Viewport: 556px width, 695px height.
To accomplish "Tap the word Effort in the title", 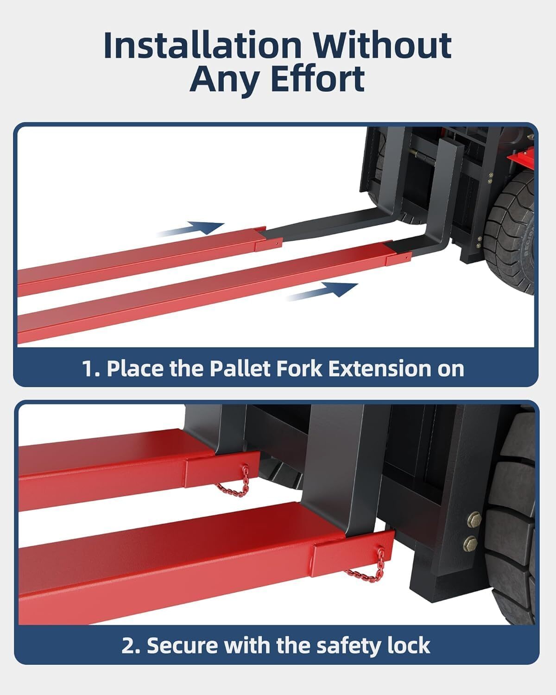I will pyautogui.click(x=317, y=79).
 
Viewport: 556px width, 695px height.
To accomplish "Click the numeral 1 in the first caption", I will pyautogui.click(x=88, y=369).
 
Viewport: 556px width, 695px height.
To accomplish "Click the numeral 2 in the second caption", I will pyautogui.click(x=128, y=645).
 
